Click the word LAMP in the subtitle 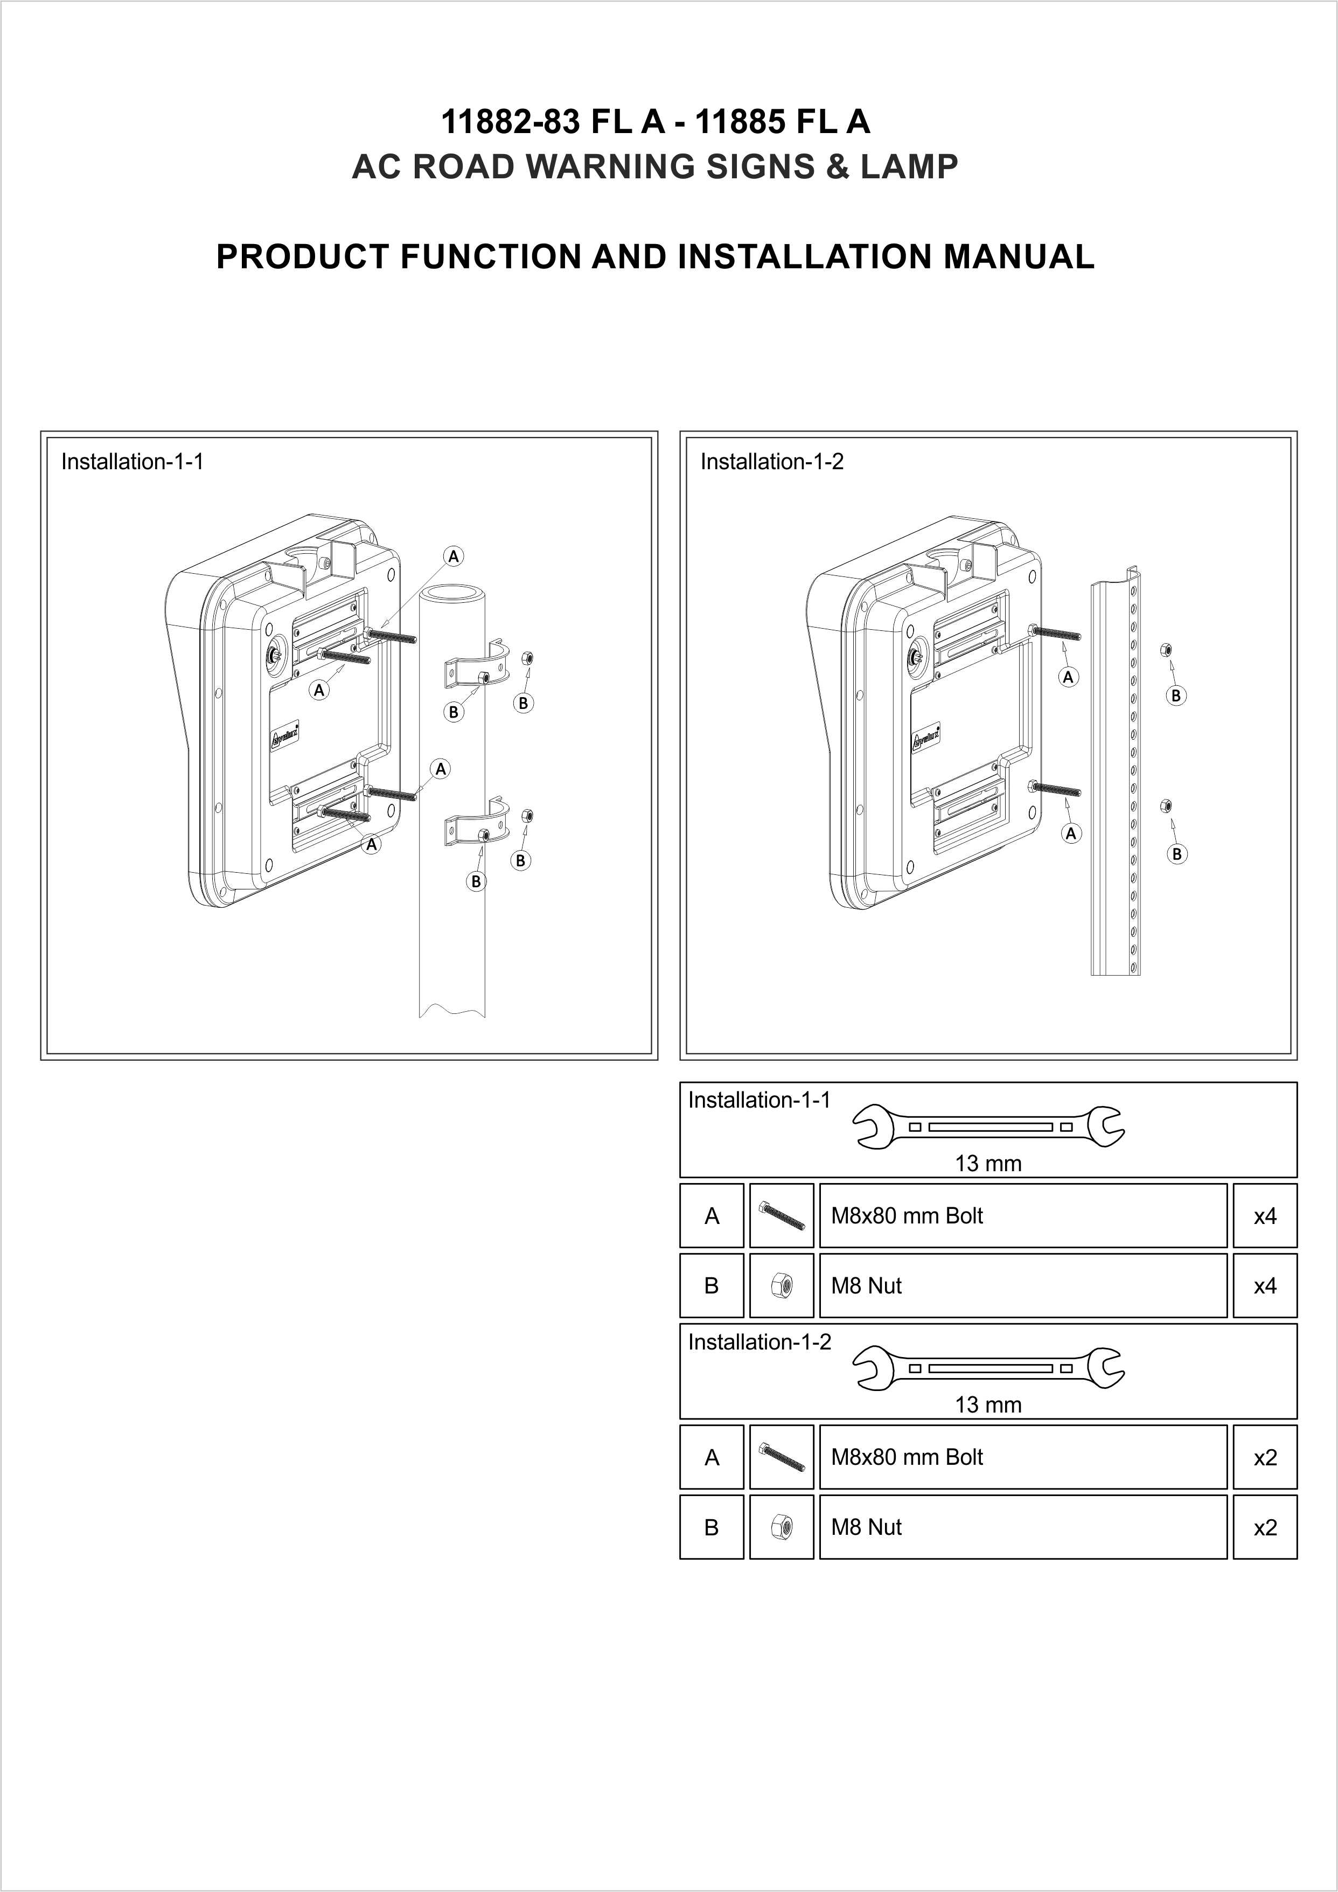pyautogui.click(x=910, y=166)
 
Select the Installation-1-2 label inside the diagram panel pyautogui.click(x=772, y=462)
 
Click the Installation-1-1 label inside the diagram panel pyautogui.click(x=133, y=462)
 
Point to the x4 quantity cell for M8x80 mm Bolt pyautogui.click(x=1265, y=1215)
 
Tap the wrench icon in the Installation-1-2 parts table pyautogui.click(x=988, y=1368)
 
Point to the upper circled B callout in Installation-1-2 pyautogui.click(x=1176, y=695)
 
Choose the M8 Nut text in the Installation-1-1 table pyautogui.click(x=866, y=1285)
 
